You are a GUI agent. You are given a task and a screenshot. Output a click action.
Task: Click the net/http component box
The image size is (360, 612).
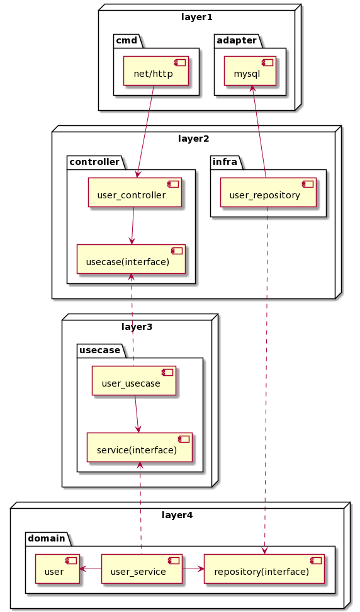coord(156,71)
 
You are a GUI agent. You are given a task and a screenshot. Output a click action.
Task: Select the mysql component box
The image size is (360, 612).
coord(250,71)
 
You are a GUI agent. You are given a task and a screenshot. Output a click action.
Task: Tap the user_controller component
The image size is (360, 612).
coord(135,193)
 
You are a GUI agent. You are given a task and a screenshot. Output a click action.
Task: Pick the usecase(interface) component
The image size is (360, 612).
coord(131,259)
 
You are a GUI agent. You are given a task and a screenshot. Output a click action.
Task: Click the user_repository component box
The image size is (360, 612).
coord(268,193)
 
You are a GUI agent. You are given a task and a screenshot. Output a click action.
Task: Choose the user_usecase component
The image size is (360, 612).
coord(134,380)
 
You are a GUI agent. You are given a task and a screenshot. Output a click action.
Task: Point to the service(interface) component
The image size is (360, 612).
coord(140,447)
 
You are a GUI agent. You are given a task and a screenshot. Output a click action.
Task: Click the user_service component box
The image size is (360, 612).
coord(142,569)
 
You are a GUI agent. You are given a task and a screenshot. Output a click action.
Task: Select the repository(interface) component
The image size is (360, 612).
coord(264,569)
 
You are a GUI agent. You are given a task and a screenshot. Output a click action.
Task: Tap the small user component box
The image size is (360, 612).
coord(57,569)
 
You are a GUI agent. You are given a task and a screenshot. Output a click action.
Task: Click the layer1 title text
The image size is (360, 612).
coord(197,17)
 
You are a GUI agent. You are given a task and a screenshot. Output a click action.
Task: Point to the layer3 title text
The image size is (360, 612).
coord(137,327)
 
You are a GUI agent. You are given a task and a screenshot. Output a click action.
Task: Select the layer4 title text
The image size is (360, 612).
coord(177,515)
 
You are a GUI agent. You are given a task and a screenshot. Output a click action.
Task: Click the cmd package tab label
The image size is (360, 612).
coord(127,40)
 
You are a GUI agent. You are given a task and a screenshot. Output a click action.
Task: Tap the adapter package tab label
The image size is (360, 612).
coord(237,40)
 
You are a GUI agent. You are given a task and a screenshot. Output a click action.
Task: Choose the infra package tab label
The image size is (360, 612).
coord(225,162)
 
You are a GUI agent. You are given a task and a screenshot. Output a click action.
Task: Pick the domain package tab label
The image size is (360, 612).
coord(47,538)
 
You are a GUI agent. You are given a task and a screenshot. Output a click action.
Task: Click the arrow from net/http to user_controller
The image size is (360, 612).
coord(145,132)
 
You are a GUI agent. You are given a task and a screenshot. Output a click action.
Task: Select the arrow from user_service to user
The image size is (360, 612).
coord(91,569)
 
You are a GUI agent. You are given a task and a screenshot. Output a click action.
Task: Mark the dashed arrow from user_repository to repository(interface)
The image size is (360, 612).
coord(266,380)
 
